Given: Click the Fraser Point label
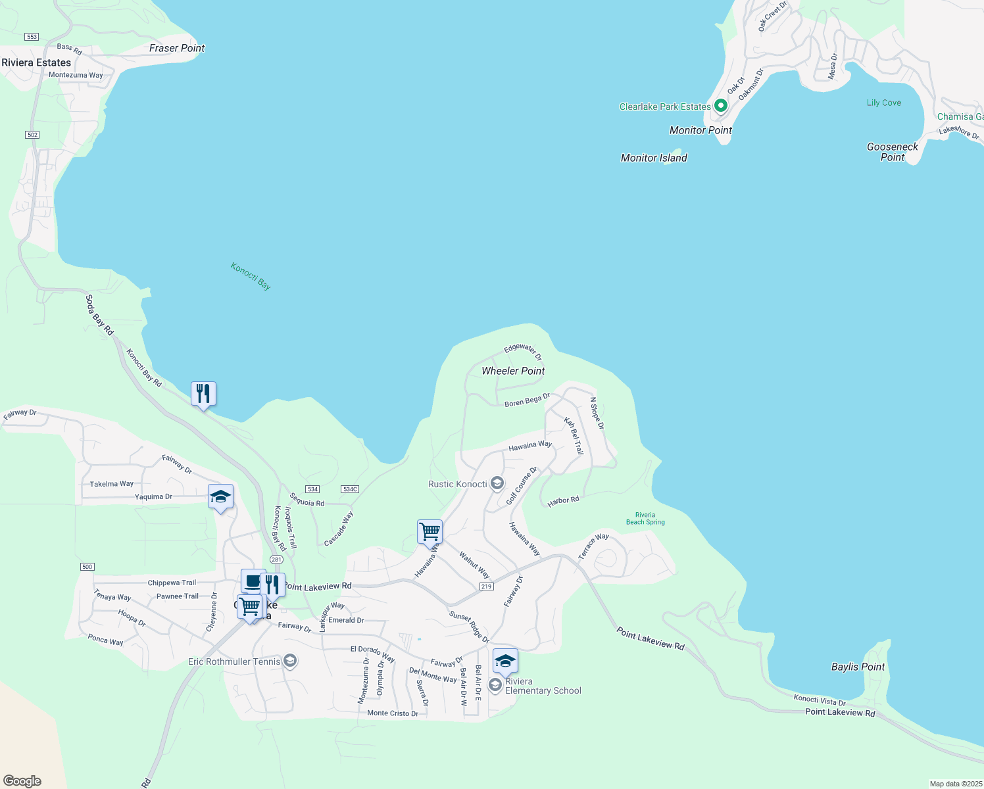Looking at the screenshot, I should tap(177, 48).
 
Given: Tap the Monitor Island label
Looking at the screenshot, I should tap(654, 158).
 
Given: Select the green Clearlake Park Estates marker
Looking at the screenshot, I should tap(720, 105).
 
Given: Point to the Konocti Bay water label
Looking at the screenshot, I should tap(251, 276).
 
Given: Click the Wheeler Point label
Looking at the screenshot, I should tap(513, 371).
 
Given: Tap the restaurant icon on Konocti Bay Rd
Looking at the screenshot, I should tap(204, 394).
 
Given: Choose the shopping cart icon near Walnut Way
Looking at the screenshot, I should tap(430, 532).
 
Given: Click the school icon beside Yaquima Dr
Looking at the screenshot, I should tap(220, 496).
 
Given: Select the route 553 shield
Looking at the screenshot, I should tap(32, 37).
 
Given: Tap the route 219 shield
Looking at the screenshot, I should tap(486, 586).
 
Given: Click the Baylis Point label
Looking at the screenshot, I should tap(858, 667).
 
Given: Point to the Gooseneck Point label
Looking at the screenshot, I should tap(893, 152).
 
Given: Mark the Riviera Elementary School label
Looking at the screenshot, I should tap(543, 686).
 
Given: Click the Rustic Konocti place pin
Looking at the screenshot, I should tap(497, 484).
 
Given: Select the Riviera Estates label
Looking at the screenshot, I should tap(36, 62).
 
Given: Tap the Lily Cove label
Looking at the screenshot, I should tap(883, 103).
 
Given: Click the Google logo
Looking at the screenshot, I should tap(22, 781).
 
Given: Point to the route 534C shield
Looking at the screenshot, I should tap(350, 489).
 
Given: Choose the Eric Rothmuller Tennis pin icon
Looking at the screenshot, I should tap(289, 661).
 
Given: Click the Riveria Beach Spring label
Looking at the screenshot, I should tap(645, 519).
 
